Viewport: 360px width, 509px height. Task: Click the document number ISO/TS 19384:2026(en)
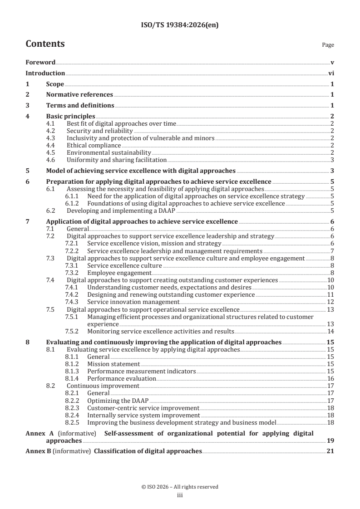180,26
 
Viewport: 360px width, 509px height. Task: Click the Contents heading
45,44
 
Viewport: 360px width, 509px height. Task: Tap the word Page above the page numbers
328,45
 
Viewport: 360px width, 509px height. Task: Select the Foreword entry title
40,62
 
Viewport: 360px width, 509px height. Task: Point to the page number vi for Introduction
331,73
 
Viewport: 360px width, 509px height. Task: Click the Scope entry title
55,84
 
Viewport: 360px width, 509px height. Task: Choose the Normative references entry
79,95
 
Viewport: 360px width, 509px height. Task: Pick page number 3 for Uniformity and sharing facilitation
332,160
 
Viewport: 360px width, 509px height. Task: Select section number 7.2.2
72,251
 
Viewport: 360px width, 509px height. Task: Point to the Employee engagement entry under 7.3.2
119,273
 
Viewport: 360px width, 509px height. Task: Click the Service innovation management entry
133,302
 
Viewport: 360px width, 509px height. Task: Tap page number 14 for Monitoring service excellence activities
330,331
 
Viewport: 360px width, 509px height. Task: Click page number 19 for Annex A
330,440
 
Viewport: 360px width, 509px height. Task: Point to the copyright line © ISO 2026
180,487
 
